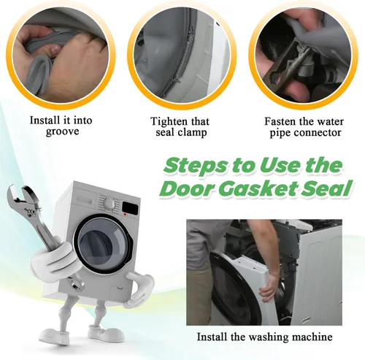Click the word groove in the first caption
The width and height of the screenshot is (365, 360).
(63, 131)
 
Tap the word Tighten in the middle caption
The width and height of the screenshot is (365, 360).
(169, 122)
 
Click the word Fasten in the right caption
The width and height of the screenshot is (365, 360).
(280, 121)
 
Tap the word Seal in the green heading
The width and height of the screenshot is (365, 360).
(327, 188)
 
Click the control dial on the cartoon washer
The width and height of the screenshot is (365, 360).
(109, 203)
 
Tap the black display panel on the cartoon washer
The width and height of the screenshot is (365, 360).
(130, 207)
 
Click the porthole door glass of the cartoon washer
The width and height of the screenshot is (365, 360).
(101, 244)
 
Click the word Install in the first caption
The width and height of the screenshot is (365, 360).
(45, 120)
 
